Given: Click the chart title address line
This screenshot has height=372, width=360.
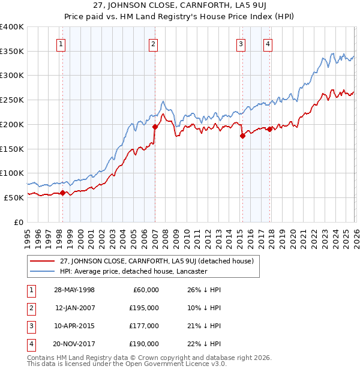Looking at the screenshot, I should click(x=179, y=6).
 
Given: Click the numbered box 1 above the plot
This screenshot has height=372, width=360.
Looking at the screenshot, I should click(x=62, y=43).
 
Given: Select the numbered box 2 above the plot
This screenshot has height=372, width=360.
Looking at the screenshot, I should click(x=154, y=43).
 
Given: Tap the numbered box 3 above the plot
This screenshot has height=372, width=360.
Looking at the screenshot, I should click(x=241, y=43).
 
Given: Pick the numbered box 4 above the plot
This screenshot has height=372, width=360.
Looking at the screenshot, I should click(x=267, y=43).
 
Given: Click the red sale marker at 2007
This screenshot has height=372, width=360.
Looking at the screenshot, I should click(x=155, y=127).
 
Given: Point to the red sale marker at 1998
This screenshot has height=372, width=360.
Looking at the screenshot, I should click(x=62, y=193).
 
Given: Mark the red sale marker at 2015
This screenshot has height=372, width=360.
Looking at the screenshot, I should click(x=242, y=136).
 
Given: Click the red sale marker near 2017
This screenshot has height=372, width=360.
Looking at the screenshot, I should click(x=270, y=129).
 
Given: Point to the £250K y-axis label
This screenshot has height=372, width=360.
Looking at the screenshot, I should click(x=12, y=100).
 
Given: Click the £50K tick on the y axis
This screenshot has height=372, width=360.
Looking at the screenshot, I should click(x=14, y=197).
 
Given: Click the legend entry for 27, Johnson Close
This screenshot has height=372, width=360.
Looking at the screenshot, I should click(x=157, y=261).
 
